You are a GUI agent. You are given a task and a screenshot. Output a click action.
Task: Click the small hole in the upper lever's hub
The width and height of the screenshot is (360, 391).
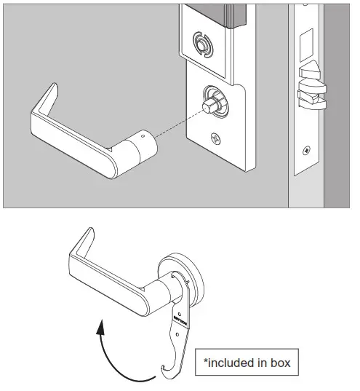(143, 135)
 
